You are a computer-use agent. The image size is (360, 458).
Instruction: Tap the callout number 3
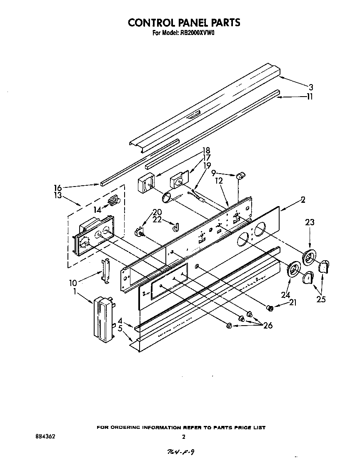click(311, 87)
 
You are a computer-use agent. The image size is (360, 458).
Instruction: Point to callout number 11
click(310, 97)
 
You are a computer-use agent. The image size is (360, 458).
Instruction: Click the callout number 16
click(58, 188)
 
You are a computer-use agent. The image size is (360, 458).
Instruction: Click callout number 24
click(285, 295)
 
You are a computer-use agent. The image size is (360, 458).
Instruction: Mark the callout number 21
click(292, 303)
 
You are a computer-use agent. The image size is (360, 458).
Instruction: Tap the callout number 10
click(72, 283)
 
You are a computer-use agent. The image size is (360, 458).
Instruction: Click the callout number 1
click(75, 292)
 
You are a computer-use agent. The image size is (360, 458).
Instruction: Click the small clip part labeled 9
click(240, 177)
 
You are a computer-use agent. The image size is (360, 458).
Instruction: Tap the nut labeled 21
click(270, 308)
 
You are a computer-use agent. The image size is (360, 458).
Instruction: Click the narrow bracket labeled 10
click(105, 271)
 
